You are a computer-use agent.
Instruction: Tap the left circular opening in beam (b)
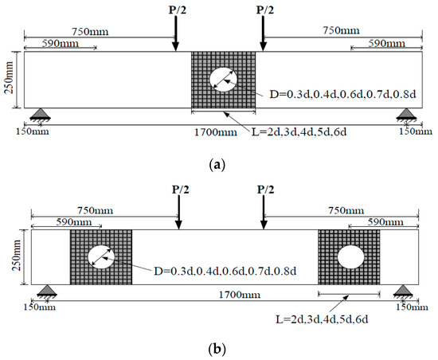(x=101, y=256)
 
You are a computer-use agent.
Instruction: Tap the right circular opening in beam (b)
(x=350, y=256)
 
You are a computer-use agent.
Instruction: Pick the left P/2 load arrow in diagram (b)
(x=178, y=215)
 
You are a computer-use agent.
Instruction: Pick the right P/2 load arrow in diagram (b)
(x=264, y=215)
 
